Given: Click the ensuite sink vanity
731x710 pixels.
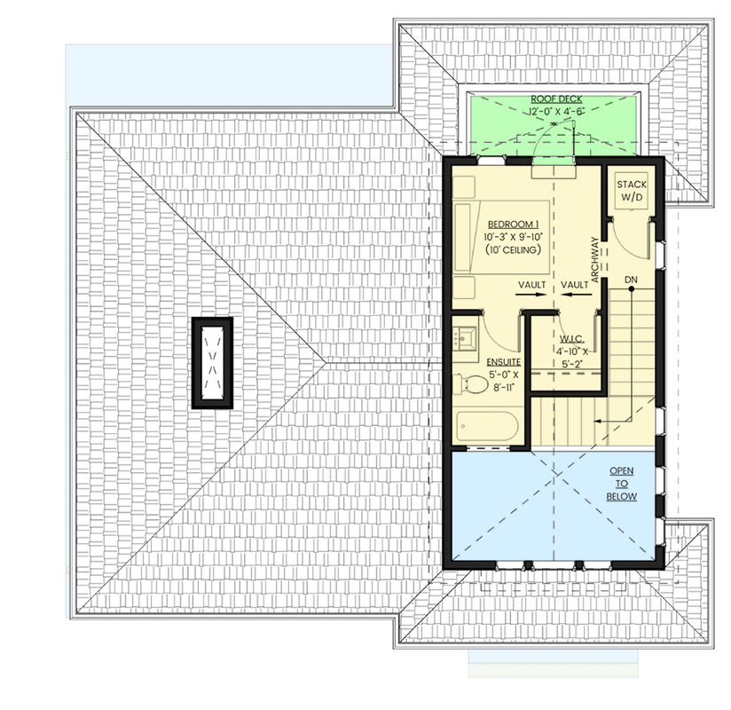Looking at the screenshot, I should coord(465,336).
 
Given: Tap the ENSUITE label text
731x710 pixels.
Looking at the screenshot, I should coord(502,363).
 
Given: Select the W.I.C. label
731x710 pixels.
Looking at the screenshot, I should coord(570,339).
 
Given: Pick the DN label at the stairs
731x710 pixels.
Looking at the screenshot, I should coord(631,280).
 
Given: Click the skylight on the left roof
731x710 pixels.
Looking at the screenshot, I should coord(212,363).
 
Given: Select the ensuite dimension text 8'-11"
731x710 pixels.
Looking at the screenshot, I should coord(502,388).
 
